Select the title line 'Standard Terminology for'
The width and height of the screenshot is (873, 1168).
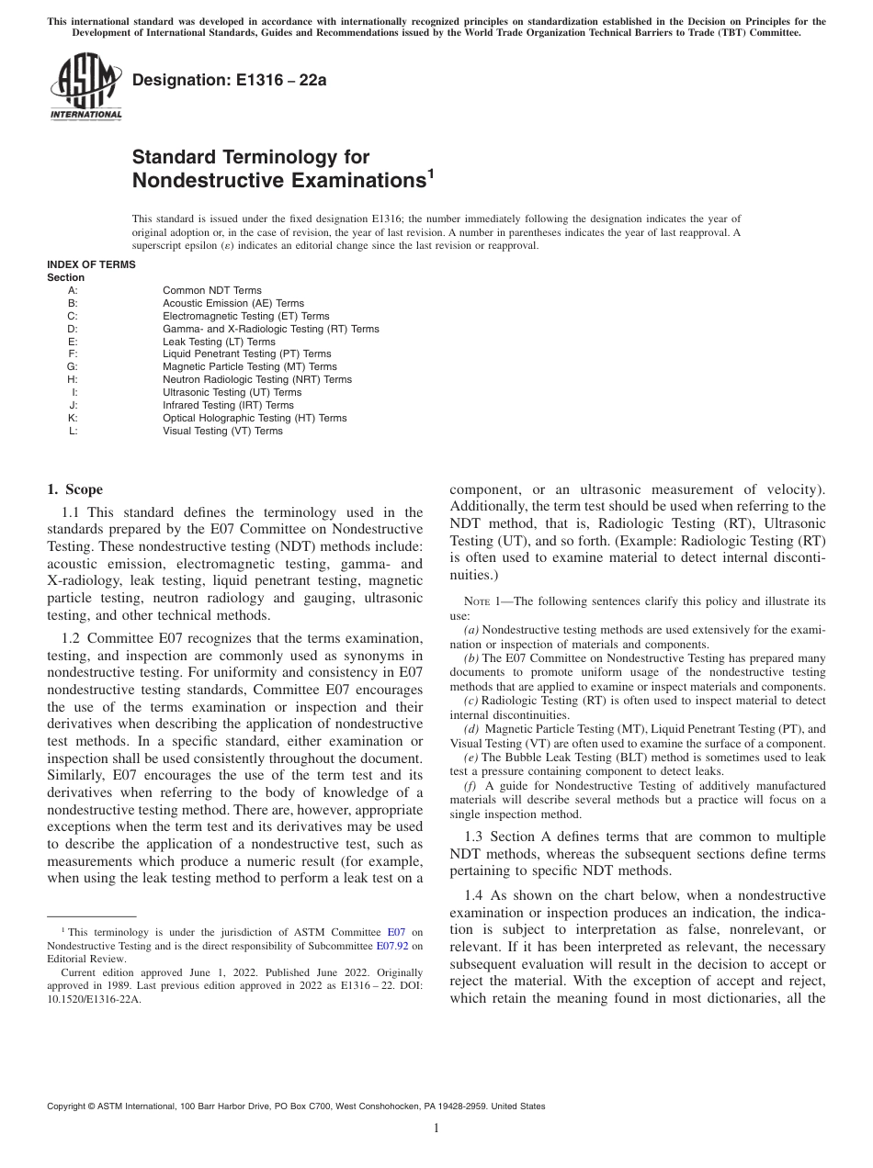point(251,157)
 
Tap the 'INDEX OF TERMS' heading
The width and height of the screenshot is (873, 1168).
point(91,264)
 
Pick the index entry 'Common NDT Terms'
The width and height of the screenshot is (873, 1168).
point(212,290)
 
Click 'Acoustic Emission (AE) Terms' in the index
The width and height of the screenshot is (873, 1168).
point(233,303)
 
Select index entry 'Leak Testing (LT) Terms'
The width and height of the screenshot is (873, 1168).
point(219,342)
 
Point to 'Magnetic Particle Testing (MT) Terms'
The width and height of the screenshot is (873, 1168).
point(250,366)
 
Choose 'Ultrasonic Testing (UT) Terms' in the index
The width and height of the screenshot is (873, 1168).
point(232,392)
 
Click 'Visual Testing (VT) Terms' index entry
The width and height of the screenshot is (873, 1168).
point(223,431)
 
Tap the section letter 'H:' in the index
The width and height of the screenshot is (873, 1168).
point(73,379)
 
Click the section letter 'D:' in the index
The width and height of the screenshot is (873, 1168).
point(73,329)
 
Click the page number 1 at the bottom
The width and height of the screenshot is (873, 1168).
point(436,1129)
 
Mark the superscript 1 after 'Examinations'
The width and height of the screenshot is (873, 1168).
point(428,173)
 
